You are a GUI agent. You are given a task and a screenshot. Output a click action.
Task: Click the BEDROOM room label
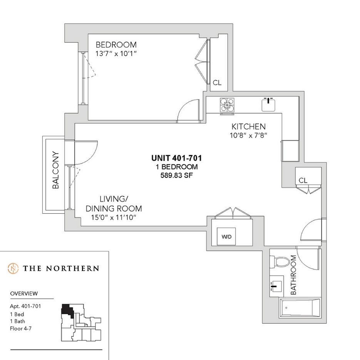(x=116, y=44)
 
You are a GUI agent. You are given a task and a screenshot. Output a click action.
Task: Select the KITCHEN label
(x=248, y=126)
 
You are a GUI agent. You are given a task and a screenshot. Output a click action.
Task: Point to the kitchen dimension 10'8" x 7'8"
(x=248, y=135)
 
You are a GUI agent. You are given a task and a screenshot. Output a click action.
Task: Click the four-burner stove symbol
(x=227, y=105)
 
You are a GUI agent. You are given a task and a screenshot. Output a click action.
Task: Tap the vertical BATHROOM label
(x=293, y=275)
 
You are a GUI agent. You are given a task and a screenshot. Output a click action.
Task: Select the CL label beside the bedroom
(x=217, y=82)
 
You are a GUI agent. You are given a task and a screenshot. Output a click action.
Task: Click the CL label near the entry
(x=303, y=180)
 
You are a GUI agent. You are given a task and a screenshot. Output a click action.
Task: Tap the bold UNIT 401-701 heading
(x=177, y=158)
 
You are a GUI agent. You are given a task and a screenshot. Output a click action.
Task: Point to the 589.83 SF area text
(x=177, y=175)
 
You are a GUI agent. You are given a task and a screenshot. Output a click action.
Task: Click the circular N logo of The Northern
(x=14, y=268)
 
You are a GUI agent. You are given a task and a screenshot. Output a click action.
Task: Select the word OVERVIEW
(x=24, y=293)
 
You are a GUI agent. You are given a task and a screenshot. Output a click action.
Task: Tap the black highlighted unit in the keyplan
(x=67, y=310)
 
